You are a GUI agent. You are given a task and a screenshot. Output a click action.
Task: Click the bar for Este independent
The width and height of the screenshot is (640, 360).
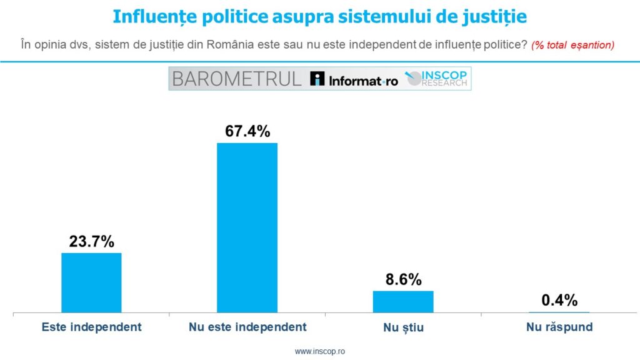pos(91,282)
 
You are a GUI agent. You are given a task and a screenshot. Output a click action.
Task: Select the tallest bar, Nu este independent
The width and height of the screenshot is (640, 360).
pos(247,227)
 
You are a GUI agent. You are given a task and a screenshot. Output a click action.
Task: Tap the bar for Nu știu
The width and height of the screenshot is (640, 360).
pos(402,301)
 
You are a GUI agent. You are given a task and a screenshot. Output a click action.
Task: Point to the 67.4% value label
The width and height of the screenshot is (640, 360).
pos(247,132)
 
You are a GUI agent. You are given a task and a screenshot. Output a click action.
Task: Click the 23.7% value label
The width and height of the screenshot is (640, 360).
pos(91,242)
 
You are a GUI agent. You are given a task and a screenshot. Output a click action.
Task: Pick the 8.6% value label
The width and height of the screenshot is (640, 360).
pos(402,279)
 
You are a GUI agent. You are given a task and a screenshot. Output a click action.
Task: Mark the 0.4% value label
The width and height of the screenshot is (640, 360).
pos(559,300)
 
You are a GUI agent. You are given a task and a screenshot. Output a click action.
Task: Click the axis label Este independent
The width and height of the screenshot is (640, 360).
pos(91,327)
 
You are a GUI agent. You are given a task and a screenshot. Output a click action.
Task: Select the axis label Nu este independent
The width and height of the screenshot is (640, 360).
pos(247,327)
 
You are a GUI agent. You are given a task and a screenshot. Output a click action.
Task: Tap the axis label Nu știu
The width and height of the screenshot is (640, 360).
pos(402,327)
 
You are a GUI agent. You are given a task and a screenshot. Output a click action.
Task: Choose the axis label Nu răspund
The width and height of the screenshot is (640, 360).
pos(559,327)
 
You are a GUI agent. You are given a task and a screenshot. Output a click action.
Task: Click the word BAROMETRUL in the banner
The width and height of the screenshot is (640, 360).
pos(236,79)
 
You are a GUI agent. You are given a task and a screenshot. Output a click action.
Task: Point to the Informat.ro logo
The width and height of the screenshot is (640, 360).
pos(354,79)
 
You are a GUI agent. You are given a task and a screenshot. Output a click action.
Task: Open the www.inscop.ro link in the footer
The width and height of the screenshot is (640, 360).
pos(320,351)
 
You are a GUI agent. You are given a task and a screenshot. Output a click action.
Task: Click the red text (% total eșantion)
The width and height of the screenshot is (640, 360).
pos(572,45)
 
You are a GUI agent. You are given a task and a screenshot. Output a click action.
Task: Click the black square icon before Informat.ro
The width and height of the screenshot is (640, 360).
pos(317,79)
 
